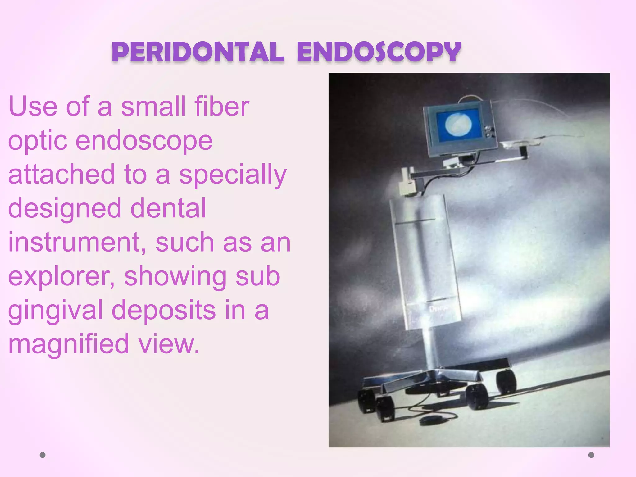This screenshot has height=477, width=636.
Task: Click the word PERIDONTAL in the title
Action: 198,52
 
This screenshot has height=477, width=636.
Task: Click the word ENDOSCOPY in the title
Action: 379,52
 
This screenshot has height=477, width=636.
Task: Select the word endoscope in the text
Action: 144,140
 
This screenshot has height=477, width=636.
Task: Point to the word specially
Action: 233,175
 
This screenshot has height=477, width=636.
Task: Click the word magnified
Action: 68,344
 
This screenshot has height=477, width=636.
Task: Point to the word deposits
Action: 163,310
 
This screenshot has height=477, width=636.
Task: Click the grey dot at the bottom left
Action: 43,455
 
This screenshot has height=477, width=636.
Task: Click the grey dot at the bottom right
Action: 591,455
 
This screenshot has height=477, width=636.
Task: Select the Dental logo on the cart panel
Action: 438,308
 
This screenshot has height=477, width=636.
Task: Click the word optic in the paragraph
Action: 37,141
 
